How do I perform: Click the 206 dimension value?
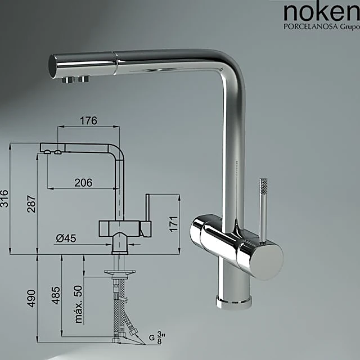(x=83, y=182)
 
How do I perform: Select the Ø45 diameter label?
(x=66, y=238)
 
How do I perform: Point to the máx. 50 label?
(x=78, y=304)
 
